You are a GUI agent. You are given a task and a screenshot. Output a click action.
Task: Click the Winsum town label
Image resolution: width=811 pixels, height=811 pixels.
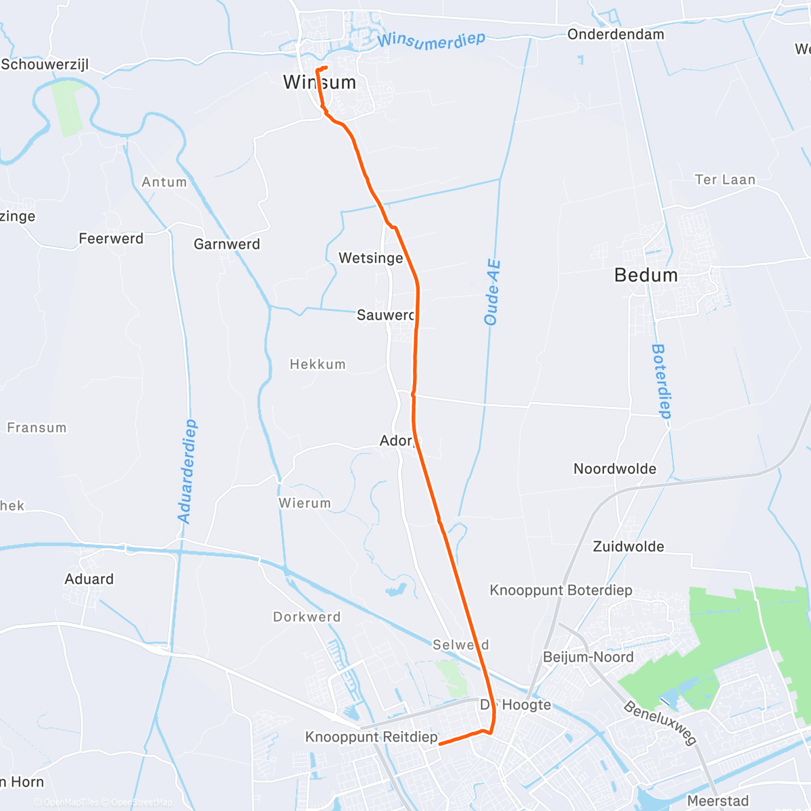[x=319, y=82]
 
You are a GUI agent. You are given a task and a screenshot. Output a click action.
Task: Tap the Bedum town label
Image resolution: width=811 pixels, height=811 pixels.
[x=645, y=275]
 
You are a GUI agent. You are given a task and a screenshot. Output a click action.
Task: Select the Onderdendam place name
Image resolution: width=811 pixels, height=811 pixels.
[x=616, y=34]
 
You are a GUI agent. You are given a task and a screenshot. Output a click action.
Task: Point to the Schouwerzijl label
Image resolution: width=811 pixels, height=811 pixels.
[x=45, y=65]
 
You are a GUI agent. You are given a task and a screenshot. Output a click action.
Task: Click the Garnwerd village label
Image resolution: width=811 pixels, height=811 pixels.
[x=226, y=244]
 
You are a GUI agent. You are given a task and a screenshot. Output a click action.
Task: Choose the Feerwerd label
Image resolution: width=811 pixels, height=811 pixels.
[x=111, y=239]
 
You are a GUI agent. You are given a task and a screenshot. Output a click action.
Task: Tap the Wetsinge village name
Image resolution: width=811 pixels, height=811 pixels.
[x=370, y=258]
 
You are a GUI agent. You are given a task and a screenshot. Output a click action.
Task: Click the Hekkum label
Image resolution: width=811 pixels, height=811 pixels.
[x=318, y=364]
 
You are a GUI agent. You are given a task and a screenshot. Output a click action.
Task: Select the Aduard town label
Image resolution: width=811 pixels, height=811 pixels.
[x=89, y=579]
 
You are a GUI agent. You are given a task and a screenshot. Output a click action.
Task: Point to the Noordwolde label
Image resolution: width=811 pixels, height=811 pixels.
[x=614, y=469]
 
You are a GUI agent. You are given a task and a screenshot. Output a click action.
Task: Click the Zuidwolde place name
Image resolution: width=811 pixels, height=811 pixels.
[x=628, y=547]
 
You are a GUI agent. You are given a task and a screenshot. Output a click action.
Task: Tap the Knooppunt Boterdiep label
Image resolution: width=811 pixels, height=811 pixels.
[x=561, y=590]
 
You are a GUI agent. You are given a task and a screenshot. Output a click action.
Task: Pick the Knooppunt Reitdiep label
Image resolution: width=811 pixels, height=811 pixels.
[x=371, y=737]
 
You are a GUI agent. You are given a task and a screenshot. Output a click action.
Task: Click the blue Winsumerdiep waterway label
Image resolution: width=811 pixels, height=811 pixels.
[x=431, y=41]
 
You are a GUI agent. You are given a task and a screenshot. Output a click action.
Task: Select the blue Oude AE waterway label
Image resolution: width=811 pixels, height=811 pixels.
[x=493, y=292]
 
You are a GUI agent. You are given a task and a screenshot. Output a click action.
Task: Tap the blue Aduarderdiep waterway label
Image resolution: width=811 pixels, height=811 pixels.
[x=187, y=471]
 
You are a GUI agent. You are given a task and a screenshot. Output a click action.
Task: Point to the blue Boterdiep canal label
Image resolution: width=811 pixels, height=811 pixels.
[x=660, y=381]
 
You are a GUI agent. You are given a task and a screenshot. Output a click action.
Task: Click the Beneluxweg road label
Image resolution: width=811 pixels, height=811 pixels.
[x=660, y=723]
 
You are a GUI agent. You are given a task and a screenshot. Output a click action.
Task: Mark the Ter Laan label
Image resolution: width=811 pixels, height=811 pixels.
[x=724, y=180]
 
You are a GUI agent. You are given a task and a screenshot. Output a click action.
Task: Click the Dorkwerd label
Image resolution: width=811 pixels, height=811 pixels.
[x=307, y=617]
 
